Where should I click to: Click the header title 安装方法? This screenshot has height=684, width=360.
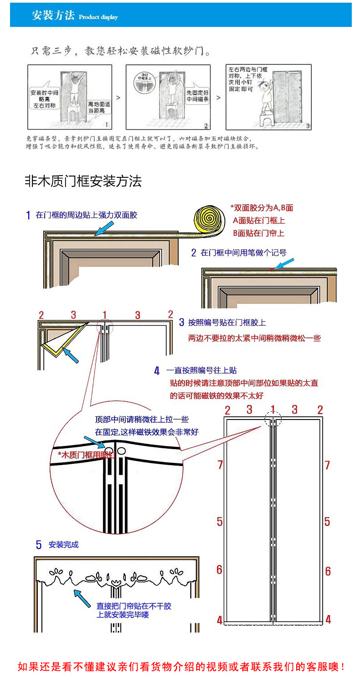tap(53, 15)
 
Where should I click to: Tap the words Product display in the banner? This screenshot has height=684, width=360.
tap(98, 17)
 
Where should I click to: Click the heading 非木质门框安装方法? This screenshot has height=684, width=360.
tap(83, 181)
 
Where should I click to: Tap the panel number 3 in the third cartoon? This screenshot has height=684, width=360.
tap(308, 125)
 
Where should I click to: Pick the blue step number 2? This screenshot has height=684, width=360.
tap(194, 253)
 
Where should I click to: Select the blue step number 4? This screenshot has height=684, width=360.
tap(157, 371)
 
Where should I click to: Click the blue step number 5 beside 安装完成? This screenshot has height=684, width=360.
tap(39, 544)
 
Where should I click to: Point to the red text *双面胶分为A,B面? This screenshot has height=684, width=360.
tap(262, 208)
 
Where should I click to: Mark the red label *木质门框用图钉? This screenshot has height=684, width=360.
tap(85, 455)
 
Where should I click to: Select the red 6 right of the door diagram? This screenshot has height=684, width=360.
tap(328, 571)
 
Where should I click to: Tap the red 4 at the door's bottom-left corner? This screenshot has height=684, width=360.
tap(220, 620)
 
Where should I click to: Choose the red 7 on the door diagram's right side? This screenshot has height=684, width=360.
tap(327, 465)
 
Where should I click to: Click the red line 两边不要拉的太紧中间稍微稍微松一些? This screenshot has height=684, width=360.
tap(255, 338)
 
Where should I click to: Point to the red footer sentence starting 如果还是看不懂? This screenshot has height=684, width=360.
tap(181, 667)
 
